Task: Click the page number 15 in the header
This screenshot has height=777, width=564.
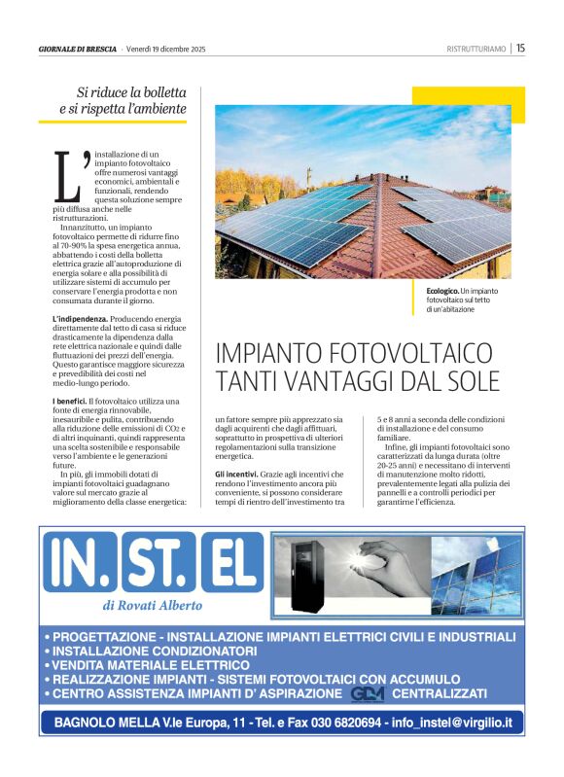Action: [x=521, y=48]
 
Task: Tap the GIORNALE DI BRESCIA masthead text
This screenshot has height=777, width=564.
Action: [x=78, y=49]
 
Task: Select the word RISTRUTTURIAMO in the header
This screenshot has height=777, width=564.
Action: [x=476, y=49]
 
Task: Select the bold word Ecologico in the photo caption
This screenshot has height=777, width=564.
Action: [x=442, y=292]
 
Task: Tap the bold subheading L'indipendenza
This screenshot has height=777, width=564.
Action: [x=80, y=319]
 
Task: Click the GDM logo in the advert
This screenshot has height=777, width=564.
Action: [x=368, y=693]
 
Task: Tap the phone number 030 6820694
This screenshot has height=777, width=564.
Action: [x=342, y=723]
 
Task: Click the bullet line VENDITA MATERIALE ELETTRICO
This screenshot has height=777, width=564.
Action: [x=146, y=665]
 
